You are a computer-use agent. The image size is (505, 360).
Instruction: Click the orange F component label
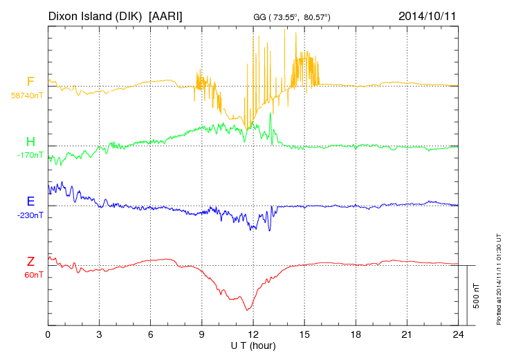[30, 82]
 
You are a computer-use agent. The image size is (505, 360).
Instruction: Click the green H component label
[30, 142]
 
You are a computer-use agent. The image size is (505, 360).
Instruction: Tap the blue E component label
[30, 201]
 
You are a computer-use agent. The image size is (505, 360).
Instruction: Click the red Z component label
[30, 262]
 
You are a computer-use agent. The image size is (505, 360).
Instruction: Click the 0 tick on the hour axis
[48, 334]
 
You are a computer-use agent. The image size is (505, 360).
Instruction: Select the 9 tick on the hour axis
[202, 334]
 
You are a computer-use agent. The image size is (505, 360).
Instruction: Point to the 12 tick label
[253, 334]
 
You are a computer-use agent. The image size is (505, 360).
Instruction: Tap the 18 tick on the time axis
[356, 334]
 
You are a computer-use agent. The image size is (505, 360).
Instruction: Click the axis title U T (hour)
[253, 345]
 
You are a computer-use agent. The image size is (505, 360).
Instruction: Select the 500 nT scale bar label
[477, 295]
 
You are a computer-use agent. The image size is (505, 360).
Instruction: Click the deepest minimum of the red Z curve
[247, 309]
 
